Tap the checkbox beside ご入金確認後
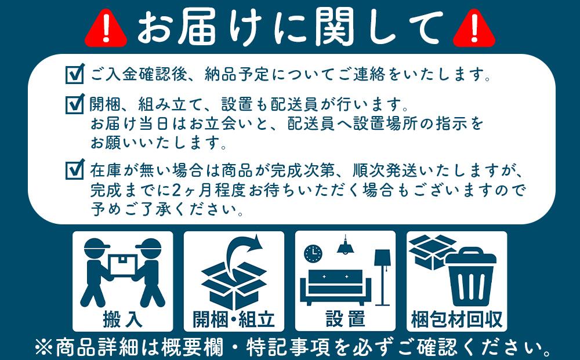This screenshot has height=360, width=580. pyautogui.click(x=75, y=74)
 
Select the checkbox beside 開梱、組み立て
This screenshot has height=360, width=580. pyautogui.click(x=75, y=104)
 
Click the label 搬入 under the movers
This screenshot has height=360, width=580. pyautogui.click(x=122, y=319)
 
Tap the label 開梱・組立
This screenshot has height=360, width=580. pyautogui.click(x=234, y=319)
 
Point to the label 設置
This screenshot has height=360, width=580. pyautogui.click(x=345, y=319)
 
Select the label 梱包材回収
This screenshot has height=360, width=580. pyautogui.click(x=456, y=319)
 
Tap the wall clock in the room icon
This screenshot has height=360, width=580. pyautogui.click(x=313, y=253)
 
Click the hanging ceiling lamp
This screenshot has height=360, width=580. pyautogui.click(x=346, y=246)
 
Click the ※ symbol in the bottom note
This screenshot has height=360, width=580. pyautogui.click(x=43, y=348)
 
